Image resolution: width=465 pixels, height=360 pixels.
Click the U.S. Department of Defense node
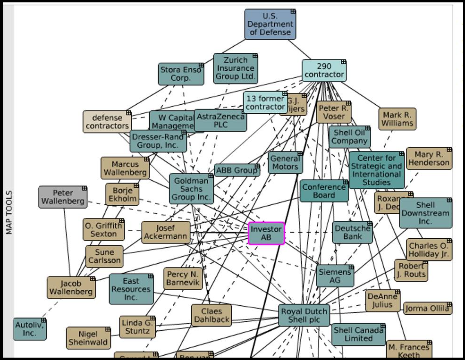tap(270, 24)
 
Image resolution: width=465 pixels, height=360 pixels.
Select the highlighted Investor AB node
tap(266, 233)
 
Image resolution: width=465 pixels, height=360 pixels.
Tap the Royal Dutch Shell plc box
tap(304, 316)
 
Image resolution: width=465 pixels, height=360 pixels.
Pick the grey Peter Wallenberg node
tap(63, 197)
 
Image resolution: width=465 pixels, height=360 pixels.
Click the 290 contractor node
tap(324, 71)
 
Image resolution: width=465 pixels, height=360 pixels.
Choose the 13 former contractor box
tap(265, 102)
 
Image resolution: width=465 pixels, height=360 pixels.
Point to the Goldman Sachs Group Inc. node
tap(191, 189)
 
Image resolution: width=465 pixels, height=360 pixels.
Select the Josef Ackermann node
tap(166, 232)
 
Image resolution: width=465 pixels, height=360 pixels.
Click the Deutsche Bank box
tap(352, 232)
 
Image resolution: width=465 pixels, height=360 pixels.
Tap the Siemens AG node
tap(335, 276)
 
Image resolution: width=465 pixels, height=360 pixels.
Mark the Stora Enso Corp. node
tap(181, 74)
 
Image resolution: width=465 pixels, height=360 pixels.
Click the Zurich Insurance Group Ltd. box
tap(235, 68)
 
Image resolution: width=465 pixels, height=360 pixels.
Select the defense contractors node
tap(107, 122)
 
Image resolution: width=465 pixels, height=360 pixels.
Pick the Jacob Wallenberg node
tap(71, 288)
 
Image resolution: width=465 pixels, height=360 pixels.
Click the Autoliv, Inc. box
tap(29, 329)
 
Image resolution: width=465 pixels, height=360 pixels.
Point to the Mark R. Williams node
tap(397, 119)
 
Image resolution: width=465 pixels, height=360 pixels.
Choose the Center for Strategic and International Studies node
tap(376, 170)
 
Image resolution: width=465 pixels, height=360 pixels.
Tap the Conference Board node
tap(324, 191)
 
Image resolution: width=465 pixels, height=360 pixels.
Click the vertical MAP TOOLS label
tap(8, 212)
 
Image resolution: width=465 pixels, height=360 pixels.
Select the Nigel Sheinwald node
tap(88, 338)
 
